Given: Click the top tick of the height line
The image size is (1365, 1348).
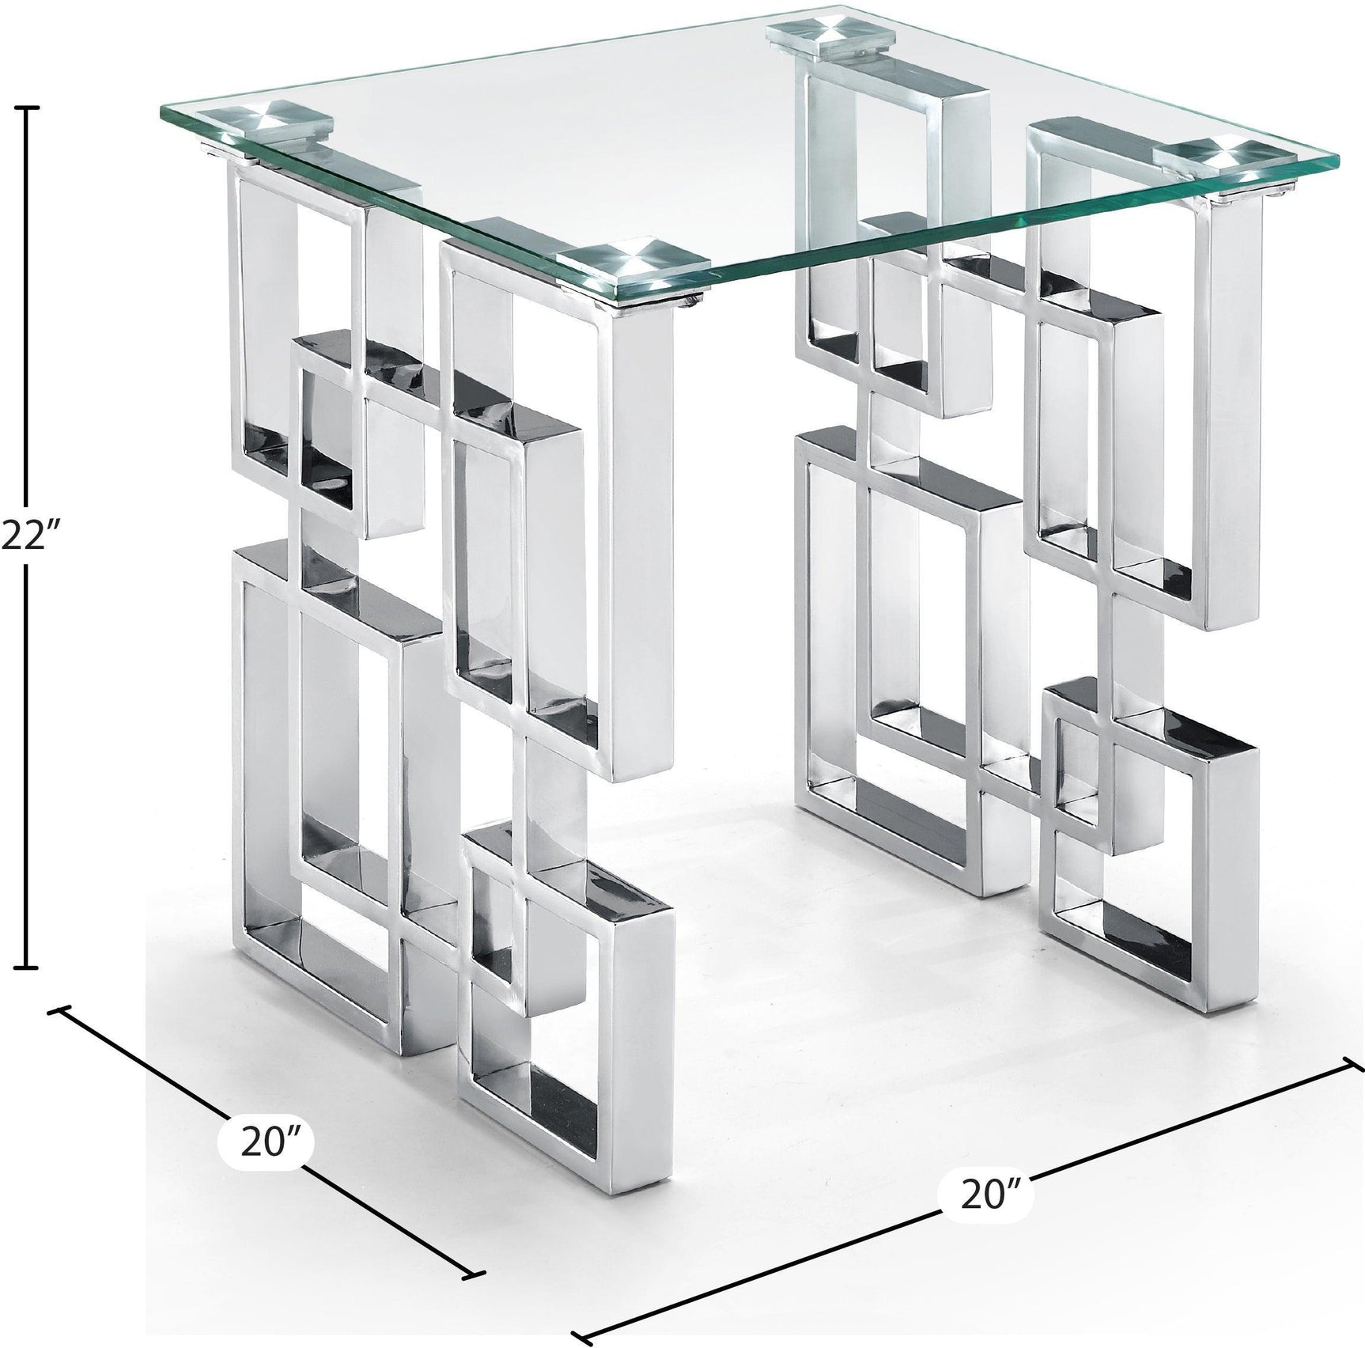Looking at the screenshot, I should [x=28, y=107].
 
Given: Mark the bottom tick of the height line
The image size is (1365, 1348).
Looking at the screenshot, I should [x=28, y=967].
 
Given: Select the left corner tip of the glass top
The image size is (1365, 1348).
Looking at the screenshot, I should [x=162, y=111].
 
